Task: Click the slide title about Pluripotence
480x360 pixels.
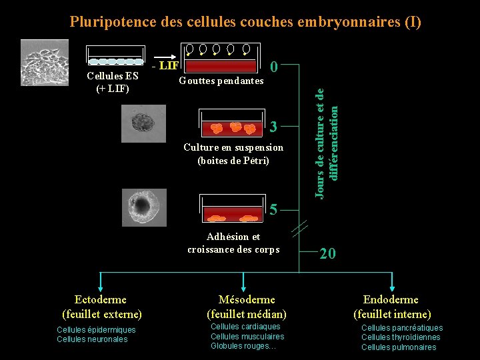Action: click(x=245, y=21)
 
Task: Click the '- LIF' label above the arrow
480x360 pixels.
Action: click(x=165, y=65)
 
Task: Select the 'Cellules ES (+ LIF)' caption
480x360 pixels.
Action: click(x=113, y=82)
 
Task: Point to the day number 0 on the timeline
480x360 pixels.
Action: click(x=273, y=65)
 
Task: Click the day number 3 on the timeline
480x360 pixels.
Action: click(x=273, y=127)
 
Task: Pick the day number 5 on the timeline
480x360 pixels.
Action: click(x=273, y=210)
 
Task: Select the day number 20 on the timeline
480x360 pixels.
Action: click(x=327, y=253)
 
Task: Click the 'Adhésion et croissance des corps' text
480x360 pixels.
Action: click(x=233, y=243)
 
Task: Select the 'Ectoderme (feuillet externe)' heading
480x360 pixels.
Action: click(x=101, y=307)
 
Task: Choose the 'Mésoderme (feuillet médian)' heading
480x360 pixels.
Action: click(x=247, y=307)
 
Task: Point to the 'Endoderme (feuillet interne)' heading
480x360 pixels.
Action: click(x=392, y=307)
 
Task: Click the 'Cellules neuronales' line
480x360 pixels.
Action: click(x=92, y=339)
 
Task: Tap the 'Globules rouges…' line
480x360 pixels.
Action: click(x=243, y=346)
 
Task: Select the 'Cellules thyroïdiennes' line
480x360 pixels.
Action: click(x=401, y=337)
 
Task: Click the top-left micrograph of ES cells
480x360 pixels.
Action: click(x=44, y=63)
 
